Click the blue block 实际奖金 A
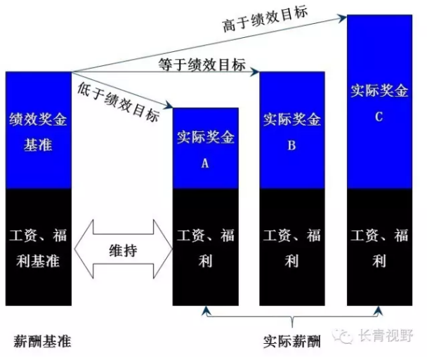tap(206, 148)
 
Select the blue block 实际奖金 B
tap(292, 131)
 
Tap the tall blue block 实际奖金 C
tap(379, 101)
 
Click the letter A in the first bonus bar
tap(206, 162)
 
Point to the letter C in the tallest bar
tap(379, 116)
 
